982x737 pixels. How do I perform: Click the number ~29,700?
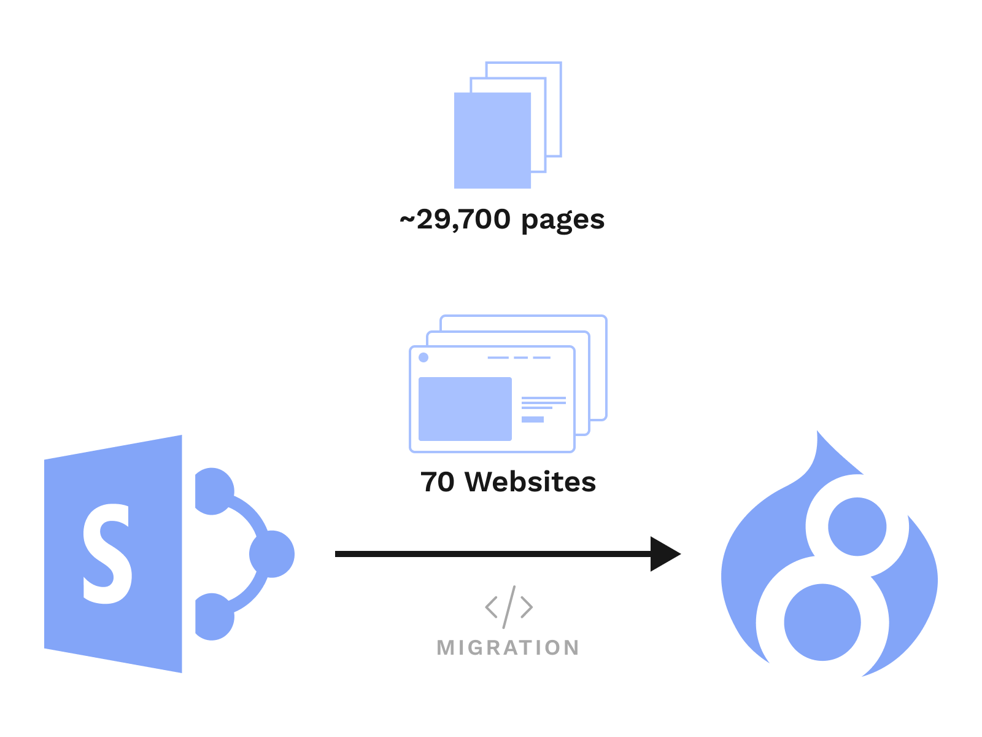(455, 220)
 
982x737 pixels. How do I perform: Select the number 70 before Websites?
(438, 482)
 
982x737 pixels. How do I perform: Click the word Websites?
(530, 482)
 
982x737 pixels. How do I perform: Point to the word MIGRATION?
(508, 648)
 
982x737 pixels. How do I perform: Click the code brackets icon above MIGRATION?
(509, 607)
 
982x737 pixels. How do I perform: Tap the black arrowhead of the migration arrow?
(664, 554)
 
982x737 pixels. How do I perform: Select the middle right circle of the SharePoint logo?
(272, 554)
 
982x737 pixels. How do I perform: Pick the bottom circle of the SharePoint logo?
(213, 617)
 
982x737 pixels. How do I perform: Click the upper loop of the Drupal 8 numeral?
(857, 526)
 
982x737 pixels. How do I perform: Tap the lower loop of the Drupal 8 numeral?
(822, 622)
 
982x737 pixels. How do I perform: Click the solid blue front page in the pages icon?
(492, 140)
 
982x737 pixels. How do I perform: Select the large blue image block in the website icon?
(465, 408)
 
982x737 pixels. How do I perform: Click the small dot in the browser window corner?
(423, 357)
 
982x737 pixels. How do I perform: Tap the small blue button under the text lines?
(533, 419)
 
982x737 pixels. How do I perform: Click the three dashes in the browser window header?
(519, 357)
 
